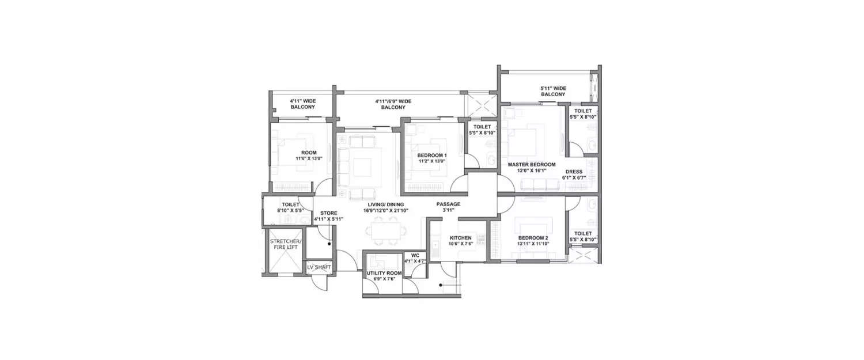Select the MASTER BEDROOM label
click(x=531, y=165)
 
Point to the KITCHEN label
click(x=460, y=237)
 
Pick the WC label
click(x=414, y=255)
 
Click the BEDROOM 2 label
click(x=533, y=237)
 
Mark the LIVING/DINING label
click(x=386, y=204)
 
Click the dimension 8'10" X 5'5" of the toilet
click(x=290, y=210)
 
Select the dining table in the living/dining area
click(x=386, y=231)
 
